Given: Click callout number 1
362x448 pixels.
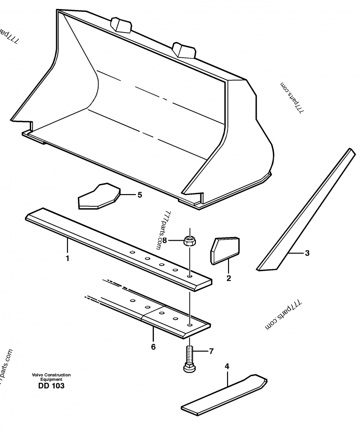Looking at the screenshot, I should [68, 258].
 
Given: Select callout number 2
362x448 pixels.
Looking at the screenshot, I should [229, 278].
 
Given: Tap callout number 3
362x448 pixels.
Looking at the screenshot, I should [307, 253].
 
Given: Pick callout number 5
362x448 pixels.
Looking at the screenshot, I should [139, 195].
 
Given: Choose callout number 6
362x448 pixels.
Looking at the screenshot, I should [153, 347].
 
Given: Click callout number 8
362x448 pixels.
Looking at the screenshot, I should [165, 240].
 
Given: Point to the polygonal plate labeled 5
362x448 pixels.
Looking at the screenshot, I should [99, 197].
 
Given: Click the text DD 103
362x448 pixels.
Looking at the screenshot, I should [51, 386].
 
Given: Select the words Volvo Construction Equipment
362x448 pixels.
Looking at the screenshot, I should [51, 377].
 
